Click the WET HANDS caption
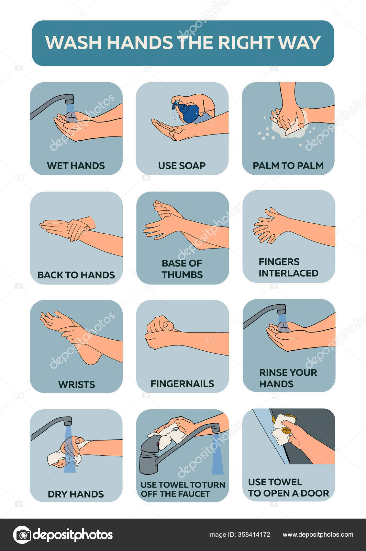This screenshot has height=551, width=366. coord(76,166)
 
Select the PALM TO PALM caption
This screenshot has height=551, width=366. coord(288,166)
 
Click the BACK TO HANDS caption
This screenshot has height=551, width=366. coord(76,275)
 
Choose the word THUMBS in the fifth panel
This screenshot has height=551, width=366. coord(182,275)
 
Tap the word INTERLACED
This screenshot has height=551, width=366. coord(288,273)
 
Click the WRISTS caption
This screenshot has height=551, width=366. coord(76,384)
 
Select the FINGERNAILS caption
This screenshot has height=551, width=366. coord(182,384)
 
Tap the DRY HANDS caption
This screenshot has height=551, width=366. coord(76,494)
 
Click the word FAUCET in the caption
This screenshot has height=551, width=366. coord(194,494)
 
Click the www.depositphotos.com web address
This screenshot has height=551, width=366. coord(318,534)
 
